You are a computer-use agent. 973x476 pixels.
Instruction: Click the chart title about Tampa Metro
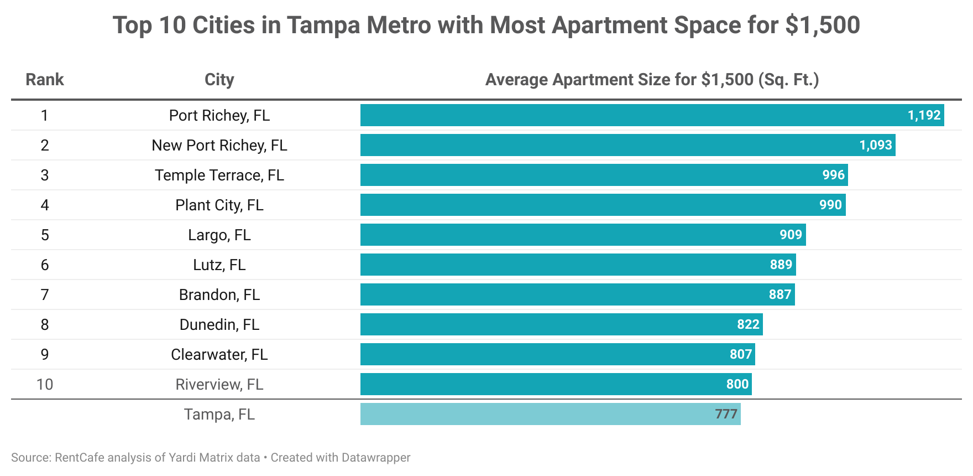tap(486, 25)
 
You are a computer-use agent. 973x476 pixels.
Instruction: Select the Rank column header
tap(45, 80)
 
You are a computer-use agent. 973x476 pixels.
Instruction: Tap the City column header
tap(219, 80)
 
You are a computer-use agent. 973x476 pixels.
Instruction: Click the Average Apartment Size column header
tap(652, 80)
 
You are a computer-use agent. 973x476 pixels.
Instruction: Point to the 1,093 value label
tap(875, 145)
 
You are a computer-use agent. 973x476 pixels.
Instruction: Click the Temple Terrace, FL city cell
tap(219, 175)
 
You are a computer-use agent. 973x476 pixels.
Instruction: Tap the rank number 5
tap(45, 235)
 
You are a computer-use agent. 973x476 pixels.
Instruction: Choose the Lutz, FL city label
tap(219, 265)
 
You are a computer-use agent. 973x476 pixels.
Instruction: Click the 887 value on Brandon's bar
tap(780, 294)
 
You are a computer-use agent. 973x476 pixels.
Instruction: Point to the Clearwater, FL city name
tap(219, 354)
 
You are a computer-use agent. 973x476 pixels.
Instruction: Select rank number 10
tap(45, 384)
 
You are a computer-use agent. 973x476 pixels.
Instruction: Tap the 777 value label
tap(726, 414)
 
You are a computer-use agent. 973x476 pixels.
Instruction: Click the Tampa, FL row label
tap(219, 414)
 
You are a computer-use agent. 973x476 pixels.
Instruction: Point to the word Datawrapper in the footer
tap(376, 458)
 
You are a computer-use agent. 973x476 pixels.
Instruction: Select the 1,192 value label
tap(924, 115)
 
